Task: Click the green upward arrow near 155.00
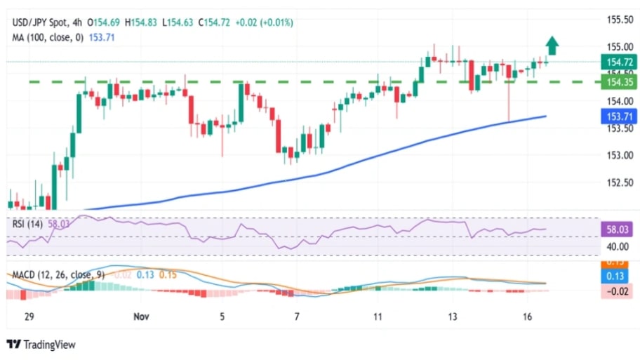click(x=552, y=46)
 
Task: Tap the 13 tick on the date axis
click(x=453, y=317)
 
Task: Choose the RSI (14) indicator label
click(x=27, y=225)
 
